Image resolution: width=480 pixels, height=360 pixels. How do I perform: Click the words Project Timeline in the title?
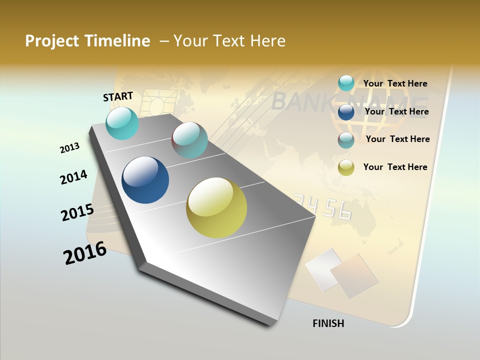pos(87,41)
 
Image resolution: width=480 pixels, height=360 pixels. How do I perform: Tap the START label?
pos(118,96)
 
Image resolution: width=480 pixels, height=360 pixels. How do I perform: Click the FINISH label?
pos(328,323)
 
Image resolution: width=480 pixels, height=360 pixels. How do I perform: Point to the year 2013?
pos(69,148)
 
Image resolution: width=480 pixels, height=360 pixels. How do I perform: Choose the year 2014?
pos(73,177)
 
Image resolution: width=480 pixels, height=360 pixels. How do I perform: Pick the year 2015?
pos(77,212)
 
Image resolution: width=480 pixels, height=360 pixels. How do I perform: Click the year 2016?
pos(84,253)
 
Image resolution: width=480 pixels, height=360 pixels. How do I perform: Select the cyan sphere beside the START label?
pos(122,123)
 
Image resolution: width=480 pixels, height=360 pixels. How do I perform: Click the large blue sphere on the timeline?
pos(145,180)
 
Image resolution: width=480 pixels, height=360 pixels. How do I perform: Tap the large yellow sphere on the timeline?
pos(216,207)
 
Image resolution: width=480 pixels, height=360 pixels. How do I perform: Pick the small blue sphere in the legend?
pos(346,112)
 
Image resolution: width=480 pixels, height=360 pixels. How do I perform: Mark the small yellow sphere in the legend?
pos(346,167)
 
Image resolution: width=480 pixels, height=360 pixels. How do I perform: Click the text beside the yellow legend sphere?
pos(395,167)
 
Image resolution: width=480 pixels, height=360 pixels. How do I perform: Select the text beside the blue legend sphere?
pos(396,111)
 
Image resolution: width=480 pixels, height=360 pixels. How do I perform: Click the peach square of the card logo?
pos(353,275)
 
